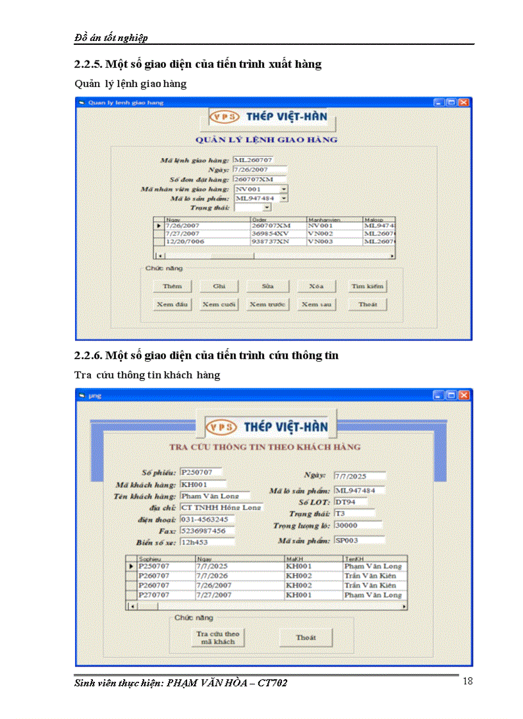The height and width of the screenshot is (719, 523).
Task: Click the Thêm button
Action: click(x=172, y=286)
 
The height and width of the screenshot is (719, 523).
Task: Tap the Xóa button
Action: click(x=316, y=286)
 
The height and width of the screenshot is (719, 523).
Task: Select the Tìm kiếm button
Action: click(x=367, y=286)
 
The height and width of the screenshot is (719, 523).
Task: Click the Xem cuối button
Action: click(x=220, y=304)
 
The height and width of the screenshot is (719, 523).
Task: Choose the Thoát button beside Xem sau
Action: click(x=367, y=304)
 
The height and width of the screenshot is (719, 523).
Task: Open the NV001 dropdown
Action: click(x=284, y=190)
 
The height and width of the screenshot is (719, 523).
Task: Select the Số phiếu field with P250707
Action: click(x=201, y=472)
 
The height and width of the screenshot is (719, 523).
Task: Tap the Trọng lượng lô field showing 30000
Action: click(x=358, y=525)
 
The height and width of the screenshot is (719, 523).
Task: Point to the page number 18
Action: click(x=467, y=681)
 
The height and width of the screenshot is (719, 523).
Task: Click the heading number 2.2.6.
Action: click(x=88, y=355)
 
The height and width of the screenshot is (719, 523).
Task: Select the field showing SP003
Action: click(x=358, y=540)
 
